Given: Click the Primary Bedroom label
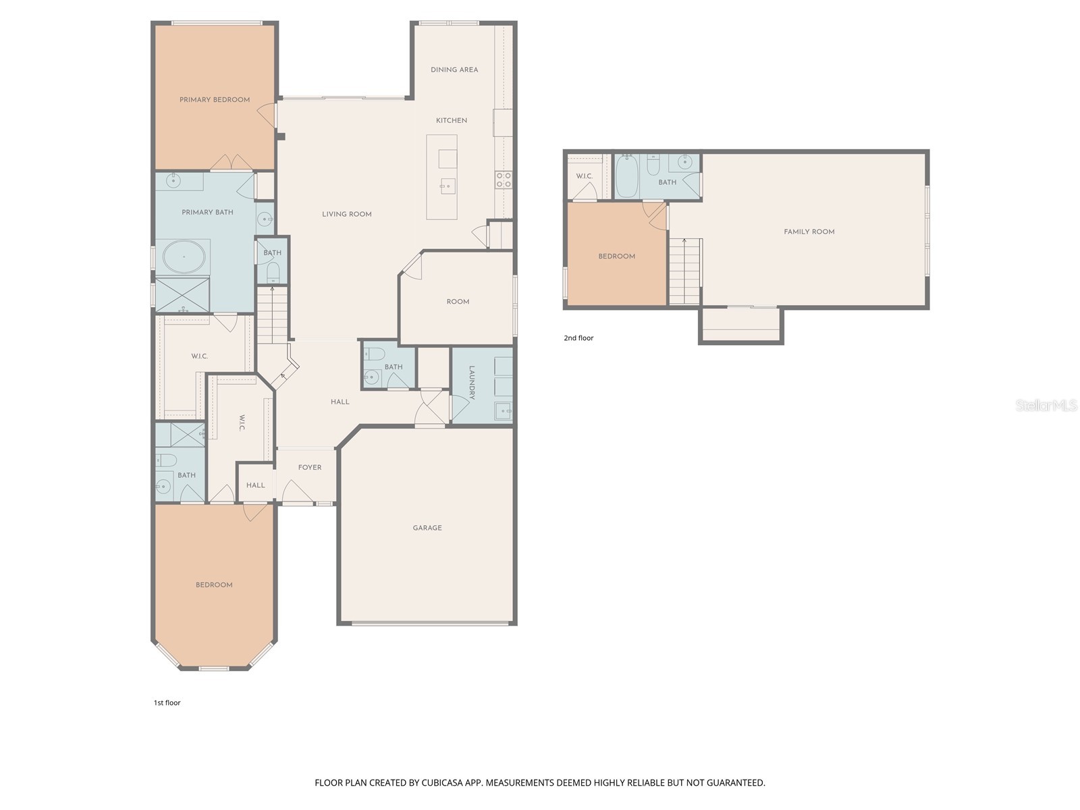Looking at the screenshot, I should point(215,100).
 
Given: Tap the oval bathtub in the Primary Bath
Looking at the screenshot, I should point(184,257).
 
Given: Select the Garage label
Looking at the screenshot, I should point(427,528).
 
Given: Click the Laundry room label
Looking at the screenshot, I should point(472,383).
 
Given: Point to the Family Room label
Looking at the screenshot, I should point(809,232).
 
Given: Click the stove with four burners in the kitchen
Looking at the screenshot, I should point(504,180).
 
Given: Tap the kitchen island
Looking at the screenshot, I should point(441,177).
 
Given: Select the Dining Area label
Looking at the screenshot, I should point(454,70).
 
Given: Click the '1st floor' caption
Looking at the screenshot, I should point(167,703).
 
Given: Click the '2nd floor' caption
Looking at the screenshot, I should point(578,338).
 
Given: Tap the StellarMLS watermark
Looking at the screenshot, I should point(1046,405).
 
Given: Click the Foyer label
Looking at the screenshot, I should point(310,467).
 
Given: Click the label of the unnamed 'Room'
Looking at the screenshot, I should point(458,302).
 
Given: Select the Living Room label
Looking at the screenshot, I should point(346,214).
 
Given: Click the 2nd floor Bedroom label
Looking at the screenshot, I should point(616,256).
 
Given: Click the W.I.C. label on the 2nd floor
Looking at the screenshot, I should point(584,176).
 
